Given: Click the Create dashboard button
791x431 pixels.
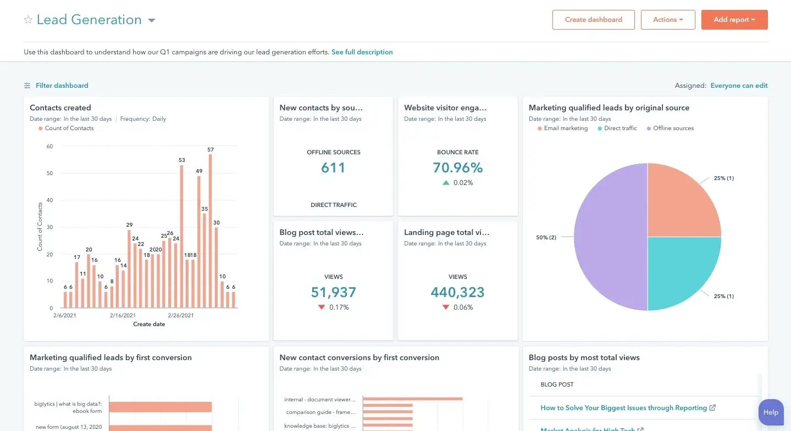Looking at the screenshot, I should [593, 20].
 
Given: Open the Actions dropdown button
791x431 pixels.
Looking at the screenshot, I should [667, 20].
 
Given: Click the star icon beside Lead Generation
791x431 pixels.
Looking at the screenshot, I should [28, 20].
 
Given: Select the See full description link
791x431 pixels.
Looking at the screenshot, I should [362, 52].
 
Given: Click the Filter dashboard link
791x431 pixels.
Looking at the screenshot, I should [62, 86].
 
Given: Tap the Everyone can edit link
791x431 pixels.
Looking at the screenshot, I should [739, 86].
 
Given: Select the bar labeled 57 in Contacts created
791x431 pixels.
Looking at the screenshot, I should [211, 231].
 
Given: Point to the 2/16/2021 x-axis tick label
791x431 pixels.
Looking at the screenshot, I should [123, 316].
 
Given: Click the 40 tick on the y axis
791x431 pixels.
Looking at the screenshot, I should [49, 200].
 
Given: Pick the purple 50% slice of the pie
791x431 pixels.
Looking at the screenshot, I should [610, 237].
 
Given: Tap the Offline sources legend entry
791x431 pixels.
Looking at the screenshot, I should [673, 128].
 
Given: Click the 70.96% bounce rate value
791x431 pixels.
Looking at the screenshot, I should [457, 167].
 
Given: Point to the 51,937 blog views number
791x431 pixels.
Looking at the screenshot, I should [333, 292].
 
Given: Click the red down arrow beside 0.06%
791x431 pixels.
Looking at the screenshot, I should [446, 307].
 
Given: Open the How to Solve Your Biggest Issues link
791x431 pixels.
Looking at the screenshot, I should [623, 408].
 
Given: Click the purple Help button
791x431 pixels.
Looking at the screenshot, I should [771, 412].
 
